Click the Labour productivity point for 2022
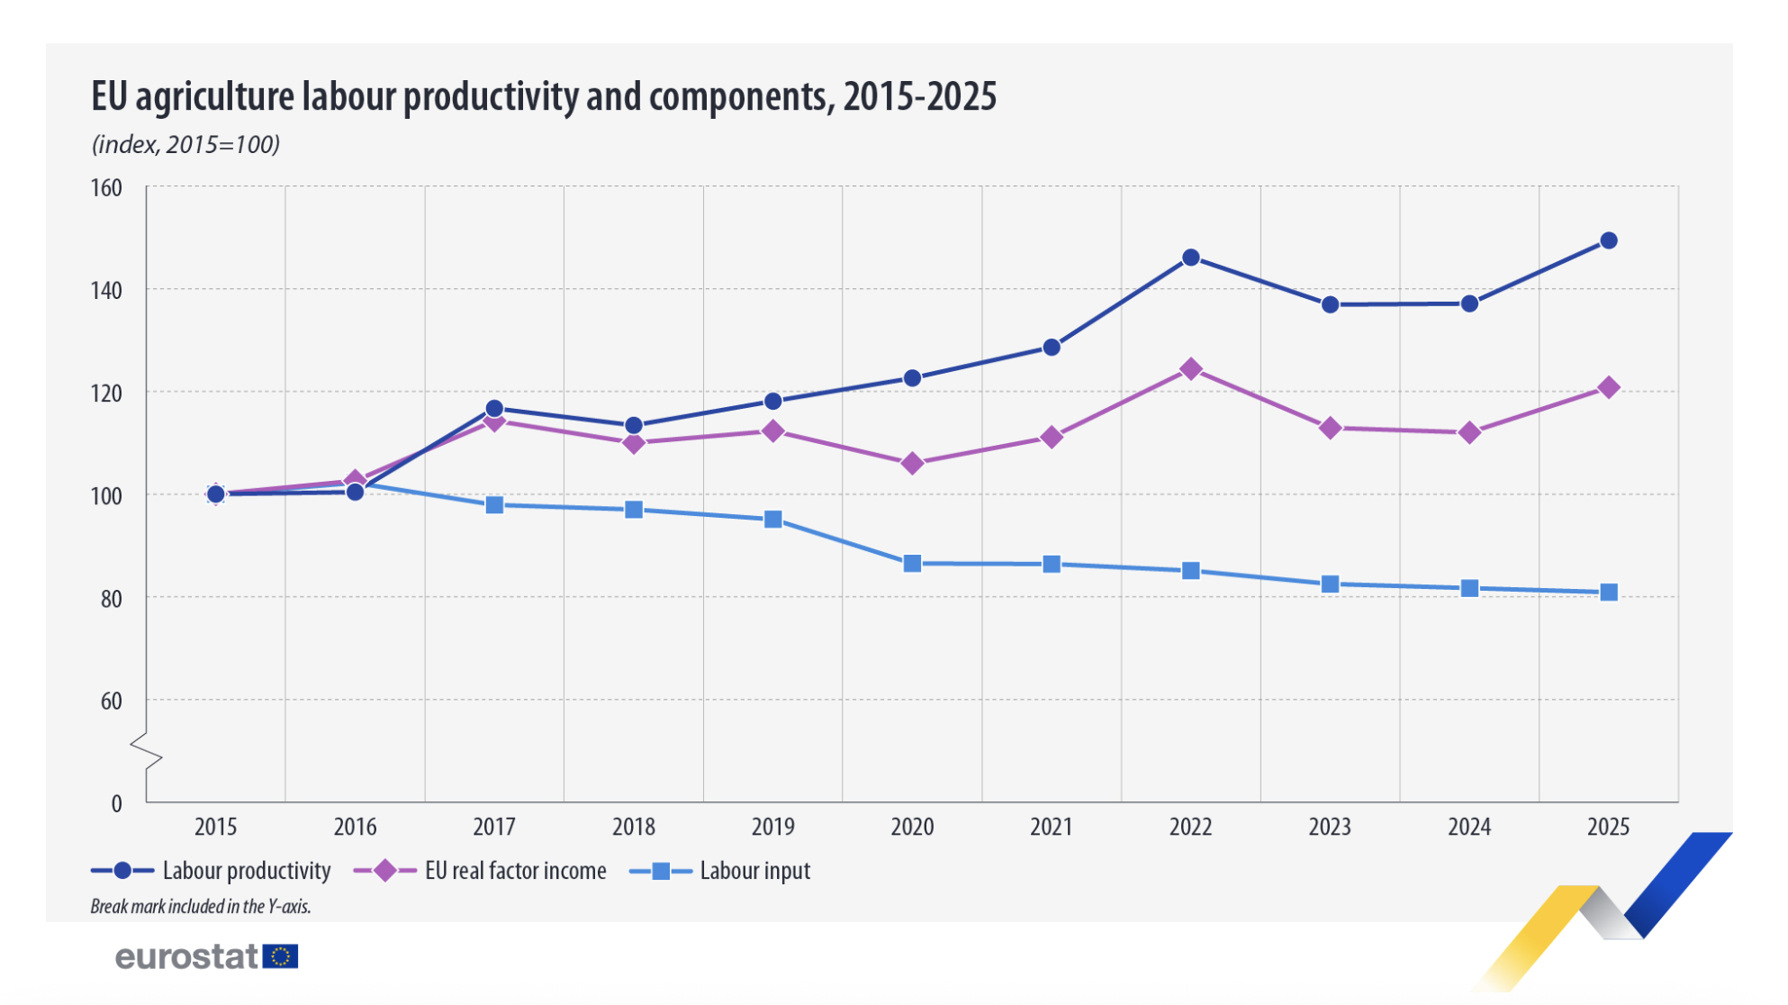pos(1190,258)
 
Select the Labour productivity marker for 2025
pos(1608,240)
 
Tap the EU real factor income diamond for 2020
pos(912,464)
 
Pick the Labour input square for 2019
pos(772,520)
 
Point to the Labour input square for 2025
pos(1608,593)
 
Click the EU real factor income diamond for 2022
pos(1190,369)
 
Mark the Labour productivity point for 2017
pos(494,409)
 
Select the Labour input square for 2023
pos(1330,584)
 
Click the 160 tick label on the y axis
pos(106,188)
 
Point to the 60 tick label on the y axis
pos(111,702)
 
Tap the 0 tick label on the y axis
pos(116,804)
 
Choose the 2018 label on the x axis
pos(633,827)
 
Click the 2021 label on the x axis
pos(1051,827)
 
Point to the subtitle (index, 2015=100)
pos(185,144)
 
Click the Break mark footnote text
pos(200,907)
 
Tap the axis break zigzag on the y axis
pos(146,752)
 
